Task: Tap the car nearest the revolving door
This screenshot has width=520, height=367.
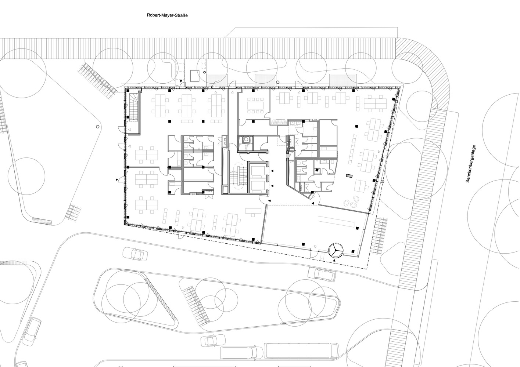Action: tap(322, 275)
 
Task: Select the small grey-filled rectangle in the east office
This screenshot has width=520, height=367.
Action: tap(349, 176)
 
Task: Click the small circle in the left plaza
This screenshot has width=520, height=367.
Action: tap(97, 126)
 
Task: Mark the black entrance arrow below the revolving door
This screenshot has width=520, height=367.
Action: tap(334, 260)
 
